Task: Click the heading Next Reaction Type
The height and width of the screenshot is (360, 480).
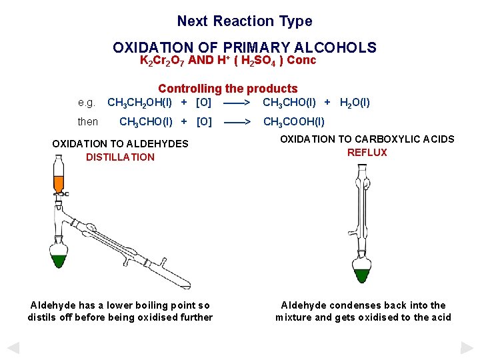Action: point(244,21)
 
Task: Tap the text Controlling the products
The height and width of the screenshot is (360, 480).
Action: point(227,89)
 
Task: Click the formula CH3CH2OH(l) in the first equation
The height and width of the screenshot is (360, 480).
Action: point(139,103)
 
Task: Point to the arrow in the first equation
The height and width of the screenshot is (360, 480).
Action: point(237,103)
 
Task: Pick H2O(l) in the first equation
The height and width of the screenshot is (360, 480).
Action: point(355,103)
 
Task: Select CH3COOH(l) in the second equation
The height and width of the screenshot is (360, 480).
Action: point(294,122)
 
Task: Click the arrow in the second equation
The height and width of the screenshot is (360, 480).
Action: point(237,122)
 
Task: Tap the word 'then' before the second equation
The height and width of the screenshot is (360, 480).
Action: point(88,122)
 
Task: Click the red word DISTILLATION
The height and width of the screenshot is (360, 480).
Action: point(120,157)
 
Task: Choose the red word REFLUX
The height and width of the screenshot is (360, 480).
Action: point(367,153)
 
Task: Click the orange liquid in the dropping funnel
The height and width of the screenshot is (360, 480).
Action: point(58,183)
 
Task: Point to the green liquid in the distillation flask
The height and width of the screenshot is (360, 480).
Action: point(59,258)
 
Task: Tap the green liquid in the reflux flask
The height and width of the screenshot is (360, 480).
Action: point(363,274)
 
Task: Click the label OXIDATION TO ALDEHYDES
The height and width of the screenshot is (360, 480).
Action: point(120,144)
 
